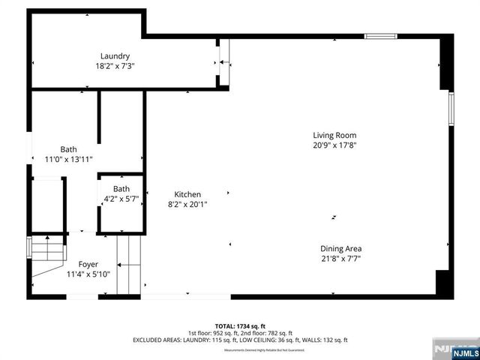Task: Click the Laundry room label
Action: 115,56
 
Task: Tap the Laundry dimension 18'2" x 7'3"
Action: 115,66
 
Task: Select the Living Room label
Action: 334,136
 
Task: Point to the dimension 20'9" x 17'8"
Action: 334,145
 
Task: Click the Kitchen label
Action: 187,194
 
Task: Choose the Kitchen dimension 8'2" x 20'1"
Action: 187,204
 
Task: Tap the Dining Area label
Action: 341,249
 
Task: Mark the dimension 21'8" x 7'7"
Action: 341,259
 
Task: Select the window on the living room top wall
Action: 380,35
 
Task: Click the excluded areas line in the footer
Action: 240,340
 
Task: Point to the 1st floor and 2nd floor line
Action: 240,333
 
